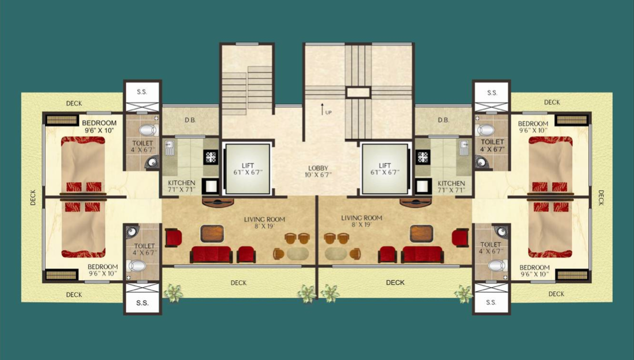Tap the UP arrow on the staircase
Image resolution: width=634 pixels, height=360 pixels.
coord(323,108)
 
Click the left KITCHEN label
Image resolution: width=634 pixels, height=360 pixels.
coord(181,186)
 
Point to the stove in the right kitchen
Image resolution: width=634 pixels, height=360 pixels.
coord(422,157)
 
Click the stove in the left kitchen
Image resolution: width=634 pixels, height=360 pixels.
coord(211,157)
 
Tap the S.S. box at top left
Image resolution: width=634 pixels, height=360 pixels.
coord(142,92)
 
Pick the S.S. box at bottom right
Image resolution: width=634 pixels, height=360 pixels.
coord(491,302)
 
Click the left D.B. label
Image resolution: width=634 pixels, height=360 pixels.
coord(190,120)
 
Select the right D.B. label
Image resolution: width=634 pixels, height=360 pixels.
coord(443,120)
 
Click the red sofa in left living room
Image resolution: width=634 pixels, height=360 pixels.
coord(211,255)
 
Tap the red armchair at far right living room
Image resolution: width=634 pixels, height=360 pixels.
coord(460,237)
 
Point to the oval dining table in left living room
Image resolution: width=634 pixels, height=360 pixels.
coord(297,254)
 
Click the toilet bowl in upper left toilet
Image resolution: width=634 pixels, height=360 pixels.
coord(147,130)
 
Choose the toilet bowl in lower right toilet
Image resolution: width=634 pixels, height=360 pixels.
coord(497,265)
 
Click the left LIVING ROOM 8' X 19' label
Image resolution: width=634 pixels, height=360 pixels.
coord(264,222)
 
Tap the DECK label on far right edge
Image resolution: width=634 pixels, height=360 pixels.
coord(601,197)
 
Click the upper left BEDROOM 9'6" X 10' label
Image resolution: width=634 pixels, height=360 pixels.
coord(99,127)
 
